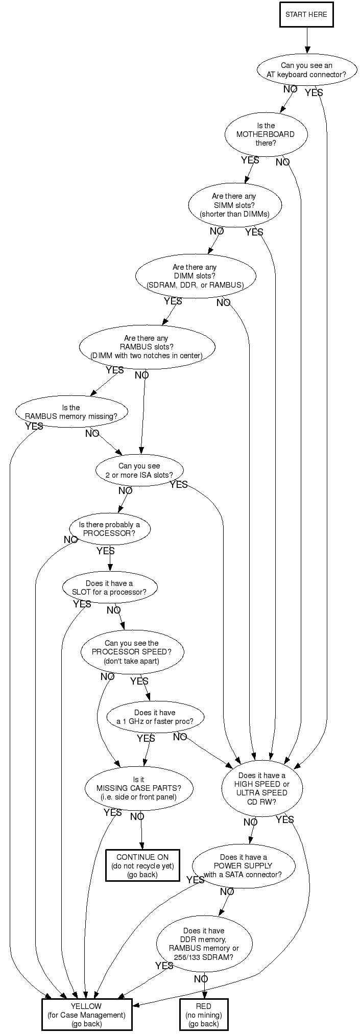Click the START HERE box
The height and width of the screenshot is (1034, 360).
pos(306,14)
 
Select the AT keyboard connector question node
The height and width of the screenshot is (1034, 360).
pos(306,70)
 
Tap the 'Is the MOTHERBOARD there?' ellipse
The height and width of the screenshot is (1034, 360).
pos(266,134)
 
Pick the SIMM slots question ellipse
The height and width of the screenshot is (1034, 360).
pos(234,205)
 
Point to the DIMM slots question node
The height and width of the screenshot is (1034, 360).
pos(195,276)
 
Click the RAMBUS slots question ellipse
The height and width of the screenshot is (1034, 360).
pos(146,347)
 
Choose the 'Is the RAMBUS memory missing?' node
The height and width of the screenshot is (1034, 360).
pos(71,412)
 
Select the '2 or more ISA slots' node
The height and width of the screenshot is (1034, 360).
pos(139,471)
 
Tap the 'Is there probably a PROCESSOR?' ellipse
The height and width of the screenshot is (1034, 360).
pos(109,529)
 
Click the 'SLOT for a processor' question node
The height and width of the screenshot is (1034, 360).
pos(109,588)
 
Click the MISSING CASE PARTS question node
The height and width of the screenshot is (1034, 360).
pos(138,788)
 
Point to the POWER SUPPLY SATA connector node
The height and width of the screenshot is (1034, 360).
pos(243,866)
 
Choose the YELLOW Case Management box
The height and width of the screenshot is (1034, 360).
pos(86,1015)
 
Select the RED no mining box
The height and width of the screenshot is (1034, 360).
pos(203,1015)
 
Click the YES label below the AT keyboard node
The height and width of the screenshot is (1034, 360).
pos(314,93)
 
